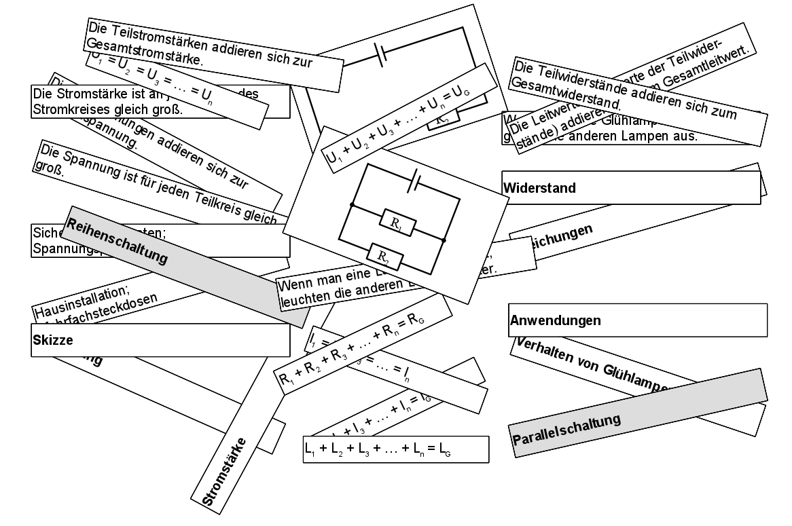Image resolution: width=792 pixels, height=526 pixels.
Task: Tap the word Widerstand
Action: (539, 188)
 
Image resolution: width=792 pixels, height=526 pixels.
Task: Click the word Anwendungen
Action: (556, 320)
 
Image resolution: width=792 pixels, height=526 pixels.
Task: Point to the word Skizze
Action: (52, 339)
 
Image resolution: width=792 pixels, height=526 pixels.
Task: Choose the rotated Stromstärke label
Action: (225, 472)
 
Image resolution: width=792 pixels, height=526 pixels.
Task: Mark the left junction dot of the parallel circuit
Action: (352, 204)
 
